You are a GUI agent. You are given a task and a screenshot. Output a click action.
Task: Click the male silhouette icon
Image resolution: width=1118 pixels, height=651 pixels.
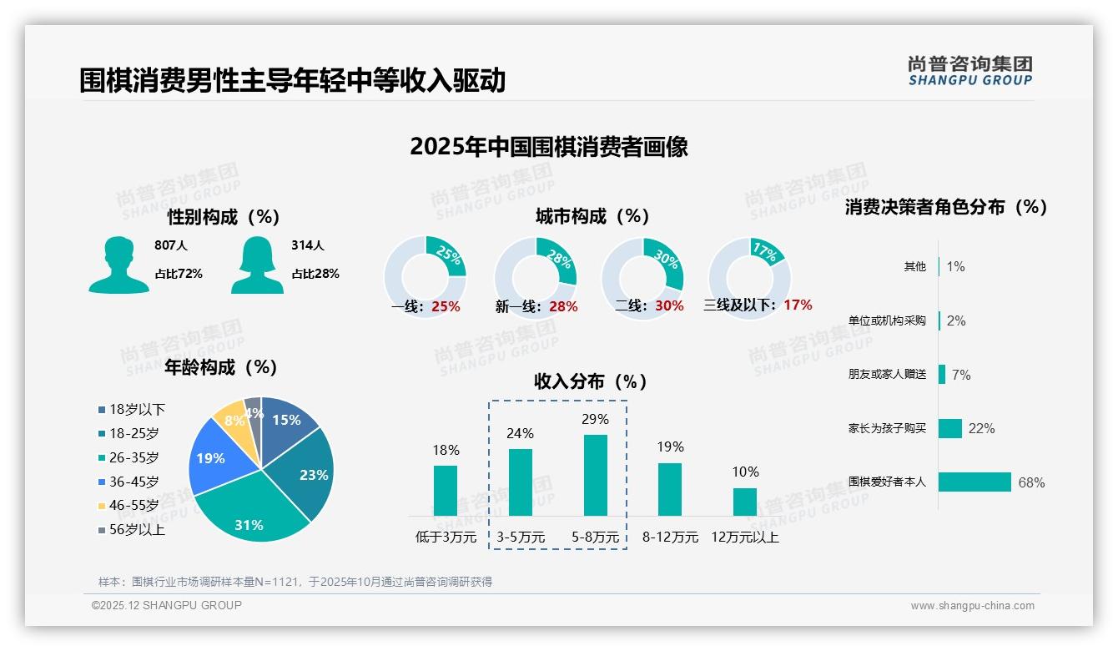[118, 265]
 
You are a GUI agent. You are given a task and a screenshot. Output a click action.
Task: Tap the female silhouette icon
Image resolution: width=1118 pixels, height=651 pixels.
[257, 265]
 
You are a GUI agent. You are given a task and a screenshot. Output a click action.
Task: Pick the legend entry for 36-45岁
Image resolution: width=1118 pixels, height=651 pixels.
[132, 482]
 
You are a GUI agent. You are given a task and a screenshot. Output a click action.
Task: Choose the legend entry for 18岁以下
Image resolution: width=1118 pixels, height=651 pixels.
[132, 409]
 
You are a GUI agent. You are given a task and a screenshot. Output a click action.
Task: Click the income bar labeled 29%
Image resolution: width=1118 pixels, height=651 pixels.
[595, 475]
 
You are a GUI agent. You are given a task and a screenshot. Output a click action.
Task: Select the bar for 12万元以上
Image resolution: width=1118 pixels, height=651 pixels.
[744, 502]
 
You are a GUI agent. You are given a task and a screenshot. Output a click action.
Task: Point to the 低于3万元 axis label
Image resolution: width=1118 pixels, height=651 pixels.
[446, 537]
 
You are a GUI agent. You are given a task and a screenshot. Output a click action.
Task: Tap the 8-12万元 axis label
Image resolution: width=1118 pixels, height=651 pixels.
[670, 537]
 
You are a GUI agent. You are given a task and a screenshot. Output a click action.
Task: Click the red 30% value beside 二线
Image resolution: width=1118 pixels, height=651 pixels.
[669, 305]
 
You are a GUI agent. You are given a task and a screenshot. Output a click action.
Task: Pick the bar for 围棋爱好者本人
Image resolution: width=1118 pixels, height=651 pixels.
[974, 482]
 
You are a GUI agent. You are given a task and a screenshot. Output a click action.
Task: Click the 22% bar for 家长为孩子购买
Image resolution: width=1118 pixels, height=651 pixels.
[950, 428]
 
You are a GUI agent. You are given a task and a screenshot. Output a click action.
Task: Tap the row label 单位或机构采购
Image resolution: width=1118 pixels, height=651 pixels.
[887, 320]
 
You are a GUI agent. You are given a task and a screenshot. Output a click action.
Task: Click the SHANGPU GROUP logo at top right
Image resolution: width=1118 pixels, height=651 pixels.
[969, 70]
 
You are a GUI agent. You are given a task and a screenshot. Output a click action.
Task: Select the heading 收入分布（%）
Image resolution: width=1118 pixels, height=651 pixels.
[591, 381]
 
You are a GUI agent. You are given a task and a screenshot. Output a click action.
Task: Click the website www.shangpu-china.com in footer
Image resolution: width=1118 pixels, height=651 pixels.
[972, 605]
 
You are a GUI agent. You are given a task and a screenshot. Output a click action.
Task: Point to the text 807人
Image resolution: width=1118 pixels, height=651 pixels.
[170, 245]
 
